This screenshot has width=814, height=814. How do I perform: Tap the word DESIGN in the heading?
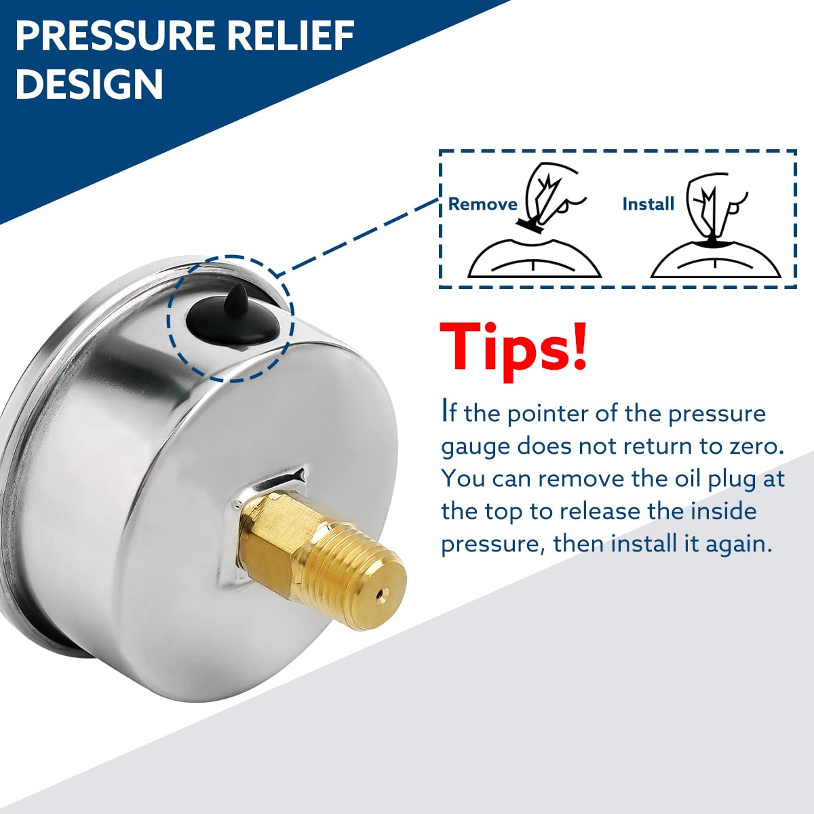(89, 84)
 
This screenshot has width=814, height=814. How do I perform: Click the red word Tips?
(513, 347)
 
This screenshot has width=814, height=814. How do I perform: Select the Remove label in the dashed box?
(482, 204)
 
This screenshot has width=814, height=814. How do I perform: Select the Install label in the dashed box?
(648, 204)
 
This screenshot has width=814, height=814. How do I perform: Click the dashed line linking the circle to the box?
(360, 235)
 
